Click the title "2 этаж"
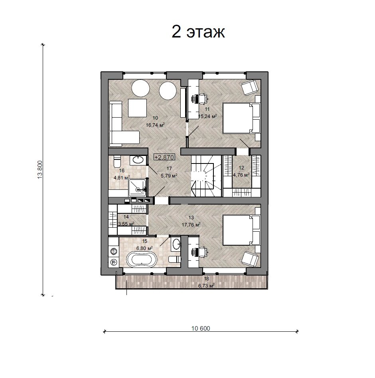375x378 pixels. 198,31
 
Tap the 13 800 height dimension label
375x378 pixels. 40,170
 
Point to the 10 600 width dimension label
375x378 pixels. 201,328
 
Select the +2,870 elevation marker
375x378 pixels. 164,157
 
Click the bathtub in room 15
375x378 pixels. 142,259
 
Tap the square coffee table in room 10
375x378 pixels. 137,108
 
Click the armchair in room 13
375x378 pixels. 250,258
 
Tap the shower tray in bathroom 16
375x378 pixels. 137,188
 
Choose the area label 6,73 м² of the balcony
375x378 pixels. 206,285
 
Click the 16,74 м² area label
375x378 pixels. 155,125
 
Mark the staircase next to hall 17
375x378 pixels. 206,176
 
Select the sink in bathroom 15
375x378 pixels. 176,244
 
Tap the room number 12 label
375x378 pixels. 241,168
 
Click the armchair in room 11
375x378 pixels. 250,88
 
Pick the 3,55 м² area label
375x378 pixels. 126,224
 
